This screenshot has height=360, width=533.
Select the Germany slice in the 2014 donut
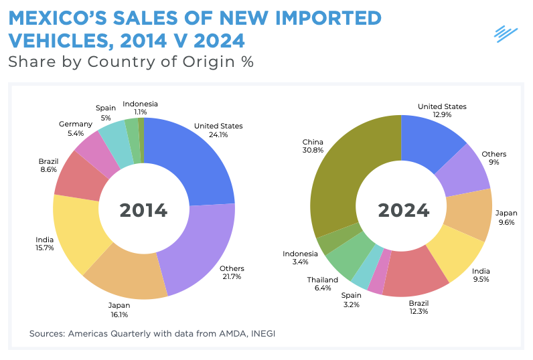pyautogui.click(x=88, y=147)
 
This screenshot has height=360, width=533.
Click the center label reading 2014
pyautogui.click(x=143, y=210)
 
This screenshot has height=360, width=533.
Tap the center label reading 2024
pyautogui.click(x=403, y=210)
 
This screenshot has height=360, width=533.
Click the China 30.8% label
pyautogui.click(x=313, y=146)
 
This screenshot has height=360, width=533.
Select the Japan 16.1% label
pyautogui.click(x=119, y=309)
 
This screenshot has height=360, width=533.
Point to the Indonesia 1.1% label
pyautogui.click(x=141, y=108)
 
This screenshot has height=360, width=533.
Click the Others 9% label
pyautogui.click(x=493, y=158)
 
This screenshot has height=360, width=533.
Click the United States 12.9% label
pyautogui.click(x=442, y=110)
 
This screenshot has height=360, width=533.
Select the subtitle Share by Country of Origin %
pyautogui.click(x=131, y=62)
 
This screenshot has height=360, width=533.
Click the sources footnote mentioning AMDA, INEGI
pyautogui.click(x=151, y=333)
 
